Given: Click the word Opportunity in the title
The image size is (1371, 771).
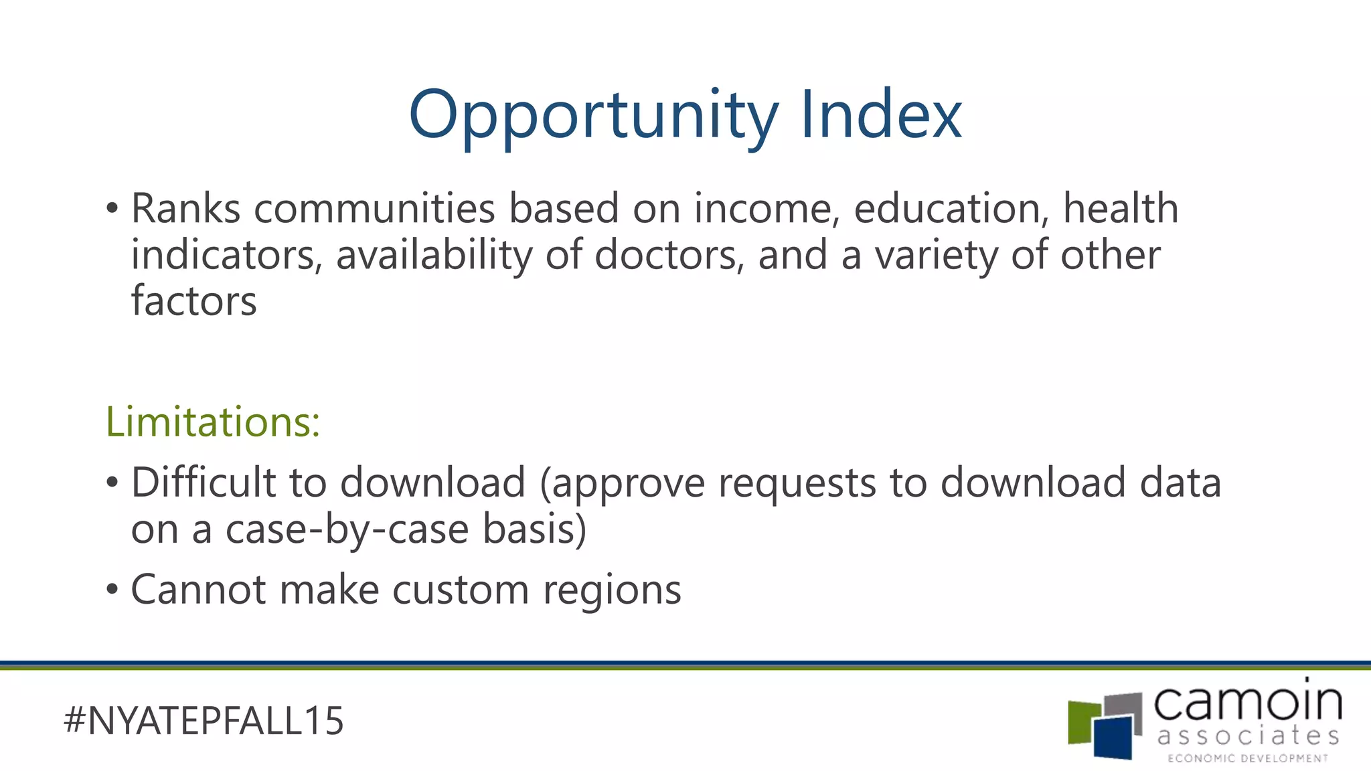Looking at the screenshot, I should (593, 115).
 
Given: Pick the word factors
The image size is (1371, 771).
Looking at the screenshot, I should (193, 301).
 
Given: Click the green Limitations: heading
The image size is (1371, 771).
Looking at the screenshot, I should (213, 422).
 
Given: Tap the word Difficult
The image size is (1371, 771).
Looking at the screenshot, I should (204, 483).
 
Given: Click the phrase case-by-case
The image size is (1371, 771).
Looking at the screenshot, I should (347, 529).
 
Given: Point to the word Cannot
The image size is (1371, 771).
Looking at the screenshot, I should (197, 590).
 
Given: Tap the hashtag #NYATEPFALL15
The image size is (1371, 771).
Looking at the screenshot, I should (204, 721).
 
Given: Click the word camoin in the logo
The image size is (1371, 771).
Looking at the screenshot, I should (1248, 702).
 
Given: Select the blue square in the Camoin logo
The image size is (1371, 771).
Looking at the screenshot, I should (1114, 738).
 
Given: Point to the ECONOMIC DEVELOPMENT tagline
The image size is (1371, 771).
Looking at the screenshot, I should (1248, 758).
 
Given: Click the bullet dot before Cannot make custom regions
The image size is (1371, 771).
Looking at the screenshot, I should (112, 590).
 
